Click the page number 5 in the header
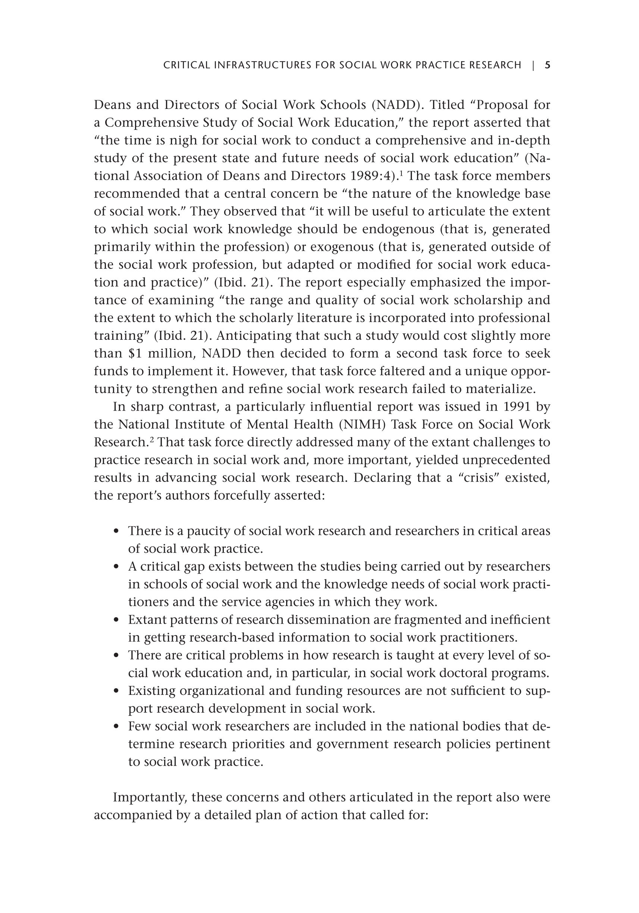point(548,65)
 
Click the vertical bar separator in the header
point(533,65)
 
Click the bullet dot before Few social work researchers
point(116,727)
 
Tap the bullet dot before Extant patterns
point(116,620)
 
